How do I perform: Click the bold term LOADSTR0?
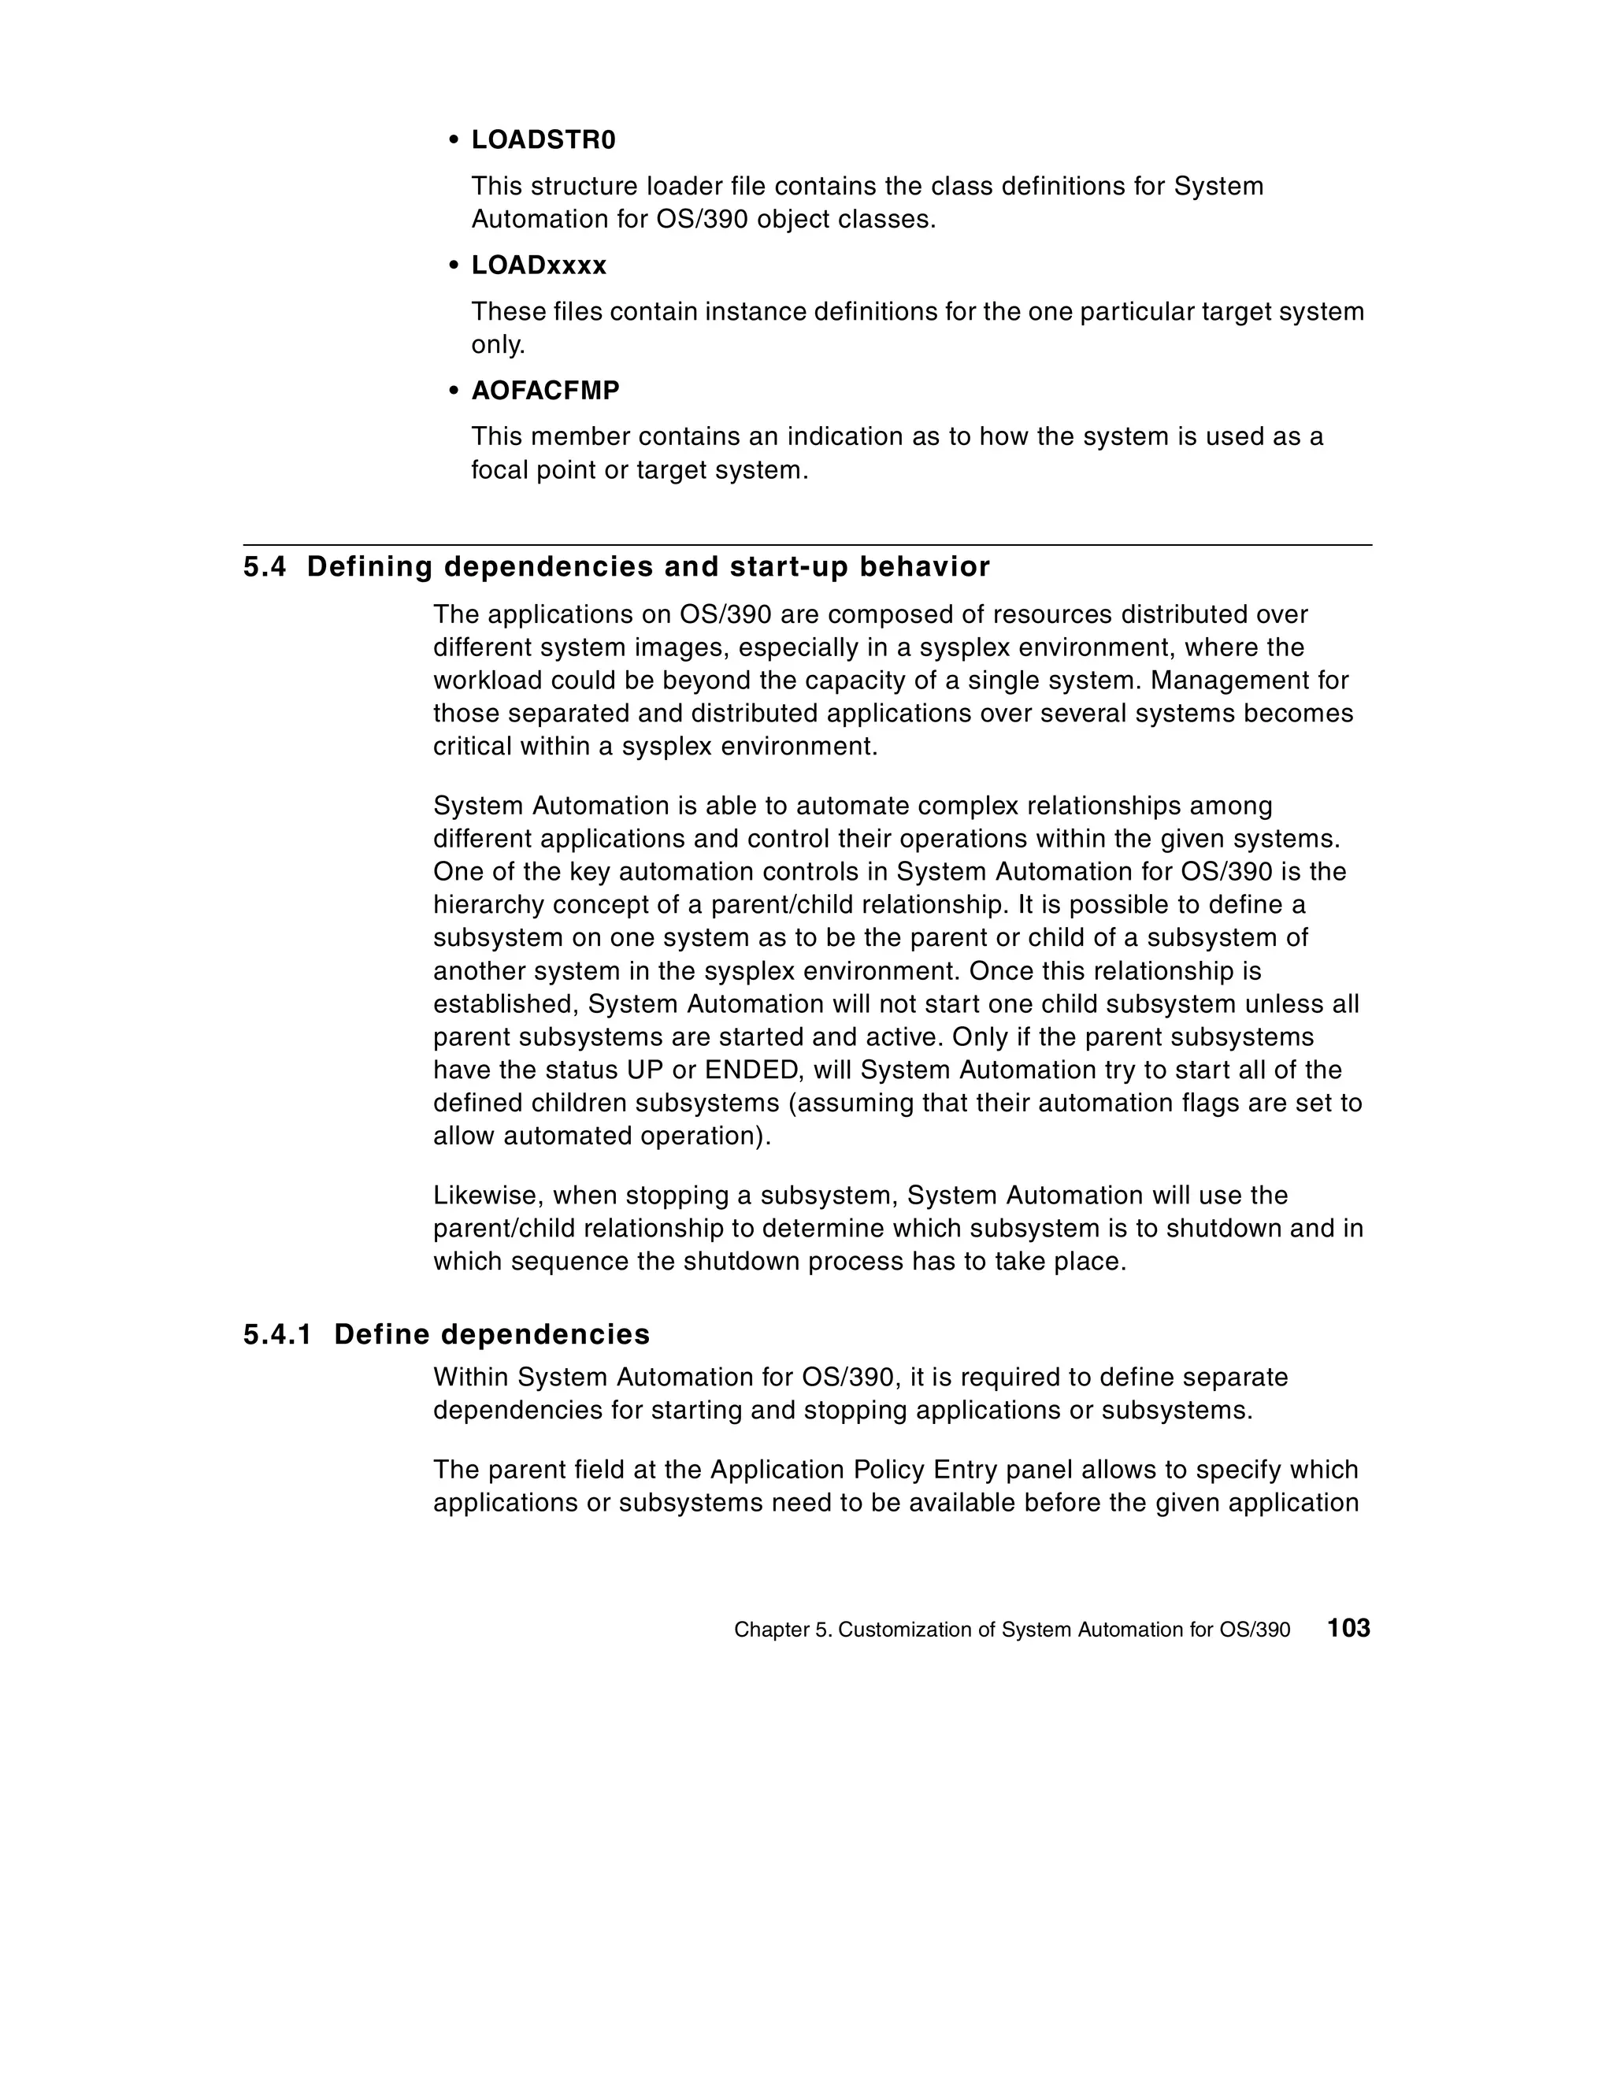click(543, 140)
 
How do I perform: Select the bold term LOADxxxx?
click(538, 265)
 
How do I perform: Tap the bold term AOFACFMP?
click(545, 391)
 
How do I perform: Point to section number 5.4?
click(264, 567)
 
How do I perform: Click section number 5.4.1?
click(277, 1335)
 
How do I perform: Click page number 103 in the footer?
click(1348, 1628)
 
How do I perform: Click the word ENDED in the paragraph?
click(755, 1070)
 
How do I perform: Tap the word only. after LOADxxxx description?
click(498, 345)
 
